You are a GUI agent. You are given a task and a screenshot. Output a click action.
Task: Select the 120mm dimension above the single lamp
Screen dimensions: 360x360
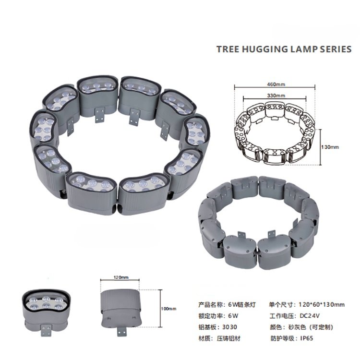[x=122, y=277]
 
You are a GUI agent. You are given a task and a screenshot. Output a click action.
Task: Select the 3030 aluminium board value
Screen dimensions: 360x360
[x=232, y=327]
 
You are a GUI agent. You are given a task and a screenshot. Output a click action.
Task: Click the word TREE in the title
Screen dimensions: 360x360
[x=227, y=49]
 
